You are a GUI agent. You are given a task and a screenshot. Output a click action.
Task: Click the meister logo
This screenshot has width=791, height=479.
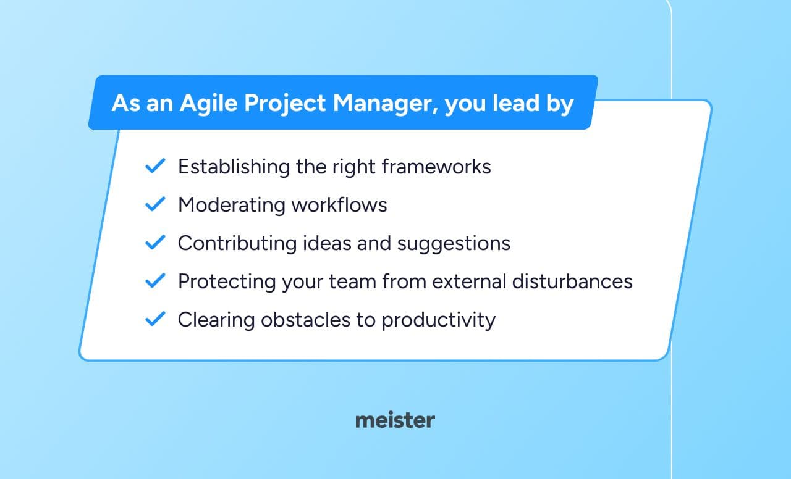click(395, 420)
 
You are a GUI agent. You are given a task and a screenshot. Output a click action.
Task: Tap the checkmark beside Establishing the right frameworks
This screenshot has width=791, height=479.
click(155, 166)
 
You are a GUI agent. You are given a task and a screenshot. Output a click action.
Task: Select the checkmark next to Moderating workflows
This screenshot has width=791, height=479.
click(155, 204)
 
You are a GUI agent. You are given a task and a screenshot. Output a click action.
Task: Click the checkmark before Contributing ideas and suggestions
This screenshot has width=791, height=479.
click(155, 243)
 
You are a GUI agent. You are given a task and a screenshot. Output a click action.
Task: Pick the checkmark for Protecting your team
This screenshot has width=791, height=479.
click(155, 281)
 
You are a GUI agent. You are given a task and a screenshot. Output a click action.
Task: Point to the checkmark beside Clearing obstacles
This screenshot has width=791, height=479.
click(155, 319)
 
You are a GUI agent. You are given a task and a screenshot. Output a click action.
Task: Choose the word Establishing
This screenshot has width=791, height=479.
click(234, 167)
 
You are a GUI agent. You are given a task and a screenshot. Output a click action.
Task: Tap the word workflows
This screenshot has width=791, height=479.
click(339, 204)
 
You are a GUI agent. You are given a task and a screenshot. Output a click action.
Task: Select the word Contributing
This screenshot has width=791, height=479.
click(237, 244)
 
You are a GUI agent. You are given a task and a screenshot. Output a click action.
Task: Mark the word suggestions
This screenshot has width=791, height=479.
click(454, 244)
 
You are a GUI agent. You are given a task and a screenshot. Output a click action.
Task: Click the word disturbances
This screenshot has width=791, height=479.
click(572, 281)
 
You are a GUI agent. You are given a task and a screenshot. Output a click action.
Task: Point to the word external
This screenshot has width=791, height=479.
click(469, 281)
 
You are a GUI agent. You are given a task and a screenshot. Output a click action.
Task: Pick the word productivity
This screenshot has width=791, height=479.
click(439, 320)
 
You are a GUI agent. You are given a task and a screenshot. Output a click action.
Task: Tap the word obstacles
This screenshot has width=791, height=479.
click(305, 320)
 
